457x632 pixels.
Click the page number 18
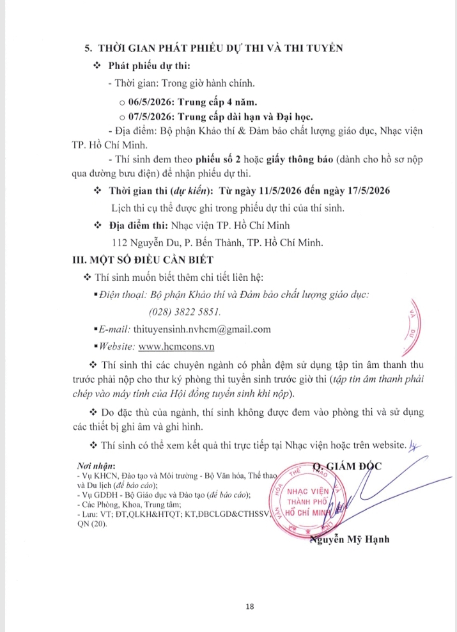coord(228,606)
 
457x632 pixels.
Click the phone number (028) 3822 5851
coord(185,312)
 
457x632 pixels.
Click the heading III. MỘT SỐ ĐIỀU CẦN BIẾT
coord(144,259)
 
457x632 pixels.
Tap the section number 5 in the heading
coord(88,48)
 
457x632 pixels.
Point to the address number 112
coord(121,242)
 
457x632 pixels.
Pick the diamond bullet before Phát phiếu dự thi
coord(97,66)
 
